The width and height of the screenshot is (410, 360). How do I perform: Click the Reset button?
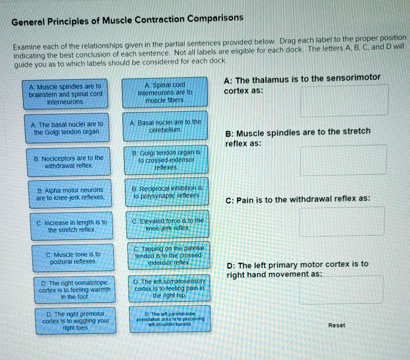click(x=337, y=325)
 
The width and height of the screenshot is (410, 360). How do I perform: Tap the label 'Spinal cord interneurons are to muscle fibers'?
click(x=165, y=92)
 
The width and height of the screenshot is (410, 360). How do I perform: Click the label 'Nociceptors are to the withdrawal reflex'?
click(x=69, y=161)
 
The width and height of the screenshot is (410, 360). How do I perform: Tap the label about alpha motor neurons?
click(x=70, y=194)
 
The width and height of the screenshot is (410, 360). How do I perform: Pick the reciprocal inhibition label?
click(x=167, y=192)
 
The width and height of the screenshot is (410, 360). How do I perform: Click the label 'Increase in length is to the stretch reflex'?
click(x=72, y=226)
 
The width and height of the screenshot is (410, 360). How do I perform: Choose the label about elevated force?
click(x=168, y=224)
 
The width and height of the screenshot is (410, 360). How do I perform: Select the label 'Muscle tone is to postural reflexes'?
click(x=73, y=258)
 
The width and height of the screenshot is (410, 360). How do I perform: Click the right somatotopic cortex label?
click(x=74, y=290)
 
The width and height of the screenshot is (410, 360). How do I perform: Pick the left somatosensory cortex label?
click(x=169, y=288)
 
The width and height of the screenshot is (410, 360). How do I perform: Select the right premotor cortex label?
click(x=76, y=320)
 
